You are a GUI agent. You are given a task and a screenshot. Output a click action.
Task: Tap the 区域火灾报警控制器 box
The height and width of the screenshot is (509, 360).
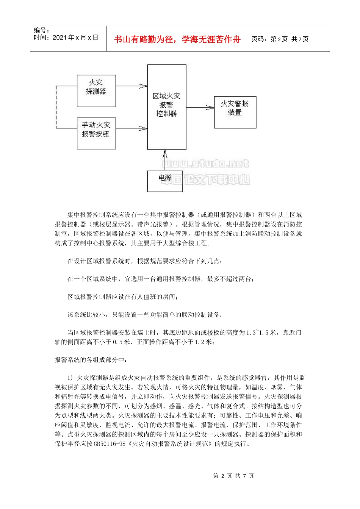point(167,107)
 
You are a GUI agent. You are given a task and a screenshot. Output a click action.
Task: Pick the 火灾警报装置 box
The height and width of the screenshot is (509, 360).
point(235,112)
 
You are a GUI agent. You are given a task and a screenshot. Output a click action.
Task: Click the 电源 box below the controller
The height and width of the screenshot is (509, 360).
point(165,181)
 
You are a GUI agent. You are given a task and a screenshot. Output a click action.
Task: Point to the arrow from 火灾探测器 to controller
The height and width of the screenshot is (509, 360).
point(131,86)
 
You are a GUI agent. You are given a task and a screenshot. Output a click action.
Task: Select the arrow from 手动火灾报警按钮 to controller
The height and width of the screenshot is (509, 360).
point(131,129)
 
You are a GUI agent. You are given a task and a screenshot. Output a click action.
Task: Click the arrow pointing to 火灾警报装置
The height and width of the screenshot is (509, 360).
point(200,108)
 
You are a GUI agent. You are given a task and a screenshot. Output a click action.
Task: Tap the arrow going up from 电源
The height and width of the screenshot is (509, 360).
point(165,160)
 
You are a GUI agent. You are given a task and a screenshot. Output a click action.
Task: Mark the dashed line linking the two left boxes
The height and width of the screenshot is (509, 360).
point(56,108)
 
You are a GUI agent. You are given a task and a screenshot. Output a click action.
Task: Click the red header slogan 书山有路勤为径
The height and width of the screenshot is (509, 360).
point(177,39)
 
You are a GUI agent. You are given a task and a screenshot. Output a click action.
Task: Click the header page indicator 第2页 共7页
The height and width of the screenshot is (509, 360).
point(280,39)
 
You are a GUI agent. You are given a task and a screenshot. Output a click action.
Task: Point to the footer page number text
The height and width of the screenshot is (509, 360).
point(233,476)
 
